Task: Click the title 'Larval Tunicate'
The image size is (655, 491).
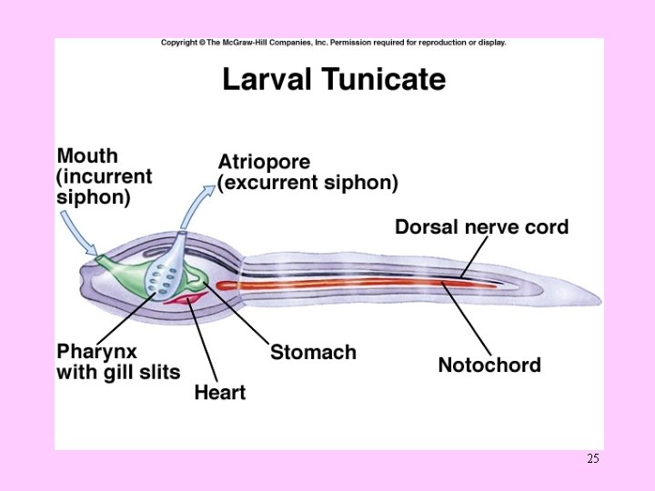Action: [x=334, y=80]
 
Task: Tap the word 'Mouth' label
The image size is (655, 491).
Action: [x=87, y=155]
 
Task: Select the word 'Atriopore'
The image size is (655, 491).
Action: [x=264, y=162]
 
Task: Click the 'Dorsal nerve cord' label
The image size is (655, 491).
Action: [x=481, y=226]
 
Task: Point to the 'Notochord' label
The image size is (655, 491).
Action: [x=489, y=365]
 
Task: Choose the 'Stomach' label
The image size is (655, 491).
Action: [x=313, y=352]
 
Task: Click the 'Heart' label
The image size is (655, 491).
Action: [x=219, y=393]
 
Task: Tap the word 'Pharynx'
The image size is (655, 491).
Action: [x=97, y=351]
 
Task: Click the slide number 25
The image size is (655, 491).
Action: [x=592, y=459]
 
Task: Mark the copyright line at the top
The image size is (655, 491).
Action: [x=333, y=43]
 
